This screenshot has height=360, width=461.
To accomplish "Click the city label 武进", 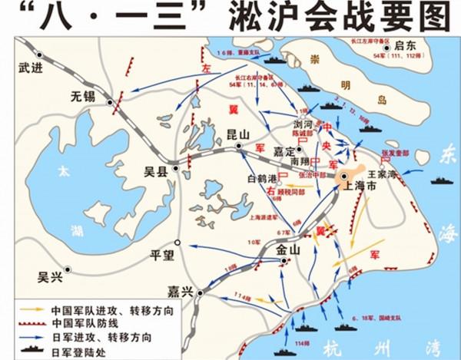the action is [x=30, y=67].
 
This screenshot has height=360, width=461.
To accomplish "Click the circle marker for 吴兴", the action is [x=68, y=269].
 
